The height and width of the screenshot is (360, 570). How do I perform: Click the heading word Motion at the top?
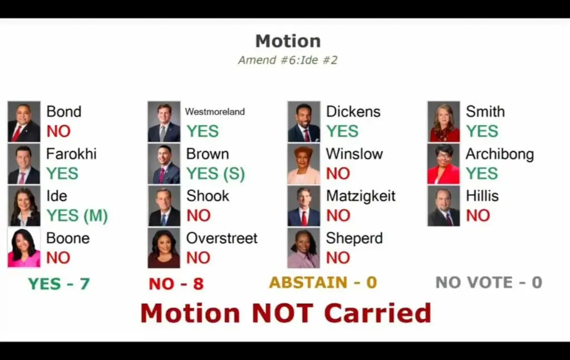[288, 41]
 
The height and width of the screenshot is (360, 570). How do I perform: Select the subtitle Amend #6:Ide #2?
[288, 60]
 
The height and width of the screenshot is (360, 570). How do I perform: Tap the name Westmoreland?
[215, 111]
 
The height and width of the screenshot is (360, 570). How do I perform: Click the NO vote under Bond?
[58, 131]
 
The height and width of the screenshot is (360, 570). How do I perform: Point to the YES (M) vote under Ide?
[77, 216]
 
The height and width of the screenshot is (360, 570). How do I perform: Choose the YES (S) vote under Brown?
[215, 174]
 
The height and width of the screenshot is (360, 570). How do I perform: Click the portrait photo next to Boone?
[24, 248]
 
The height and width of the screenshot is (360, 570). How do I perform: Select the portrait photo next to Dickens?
[304, 121]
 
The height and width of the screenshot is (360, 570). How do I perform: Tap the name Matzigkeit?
[361, 196]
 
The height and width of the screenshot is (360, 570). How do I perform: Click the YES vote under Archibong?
[481, 173]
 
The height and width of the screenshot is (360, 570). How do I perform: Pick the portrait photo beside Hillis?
[444, 206]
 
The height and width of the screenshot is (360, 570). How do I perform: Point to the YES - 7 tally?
[59, 284]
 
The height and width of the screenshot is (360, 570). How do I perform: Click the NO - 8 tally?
[176, 284]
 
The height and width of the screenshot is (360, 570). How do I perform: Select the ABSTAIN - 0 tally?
[323, 282]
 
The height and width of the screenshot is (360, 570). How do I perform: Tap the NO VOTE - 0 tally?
[489, 282]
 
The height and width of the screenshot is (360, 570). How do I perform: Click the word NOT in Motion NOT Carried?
[282, 313]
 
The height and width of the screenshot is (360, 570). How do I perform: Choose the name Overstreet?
[222, 238]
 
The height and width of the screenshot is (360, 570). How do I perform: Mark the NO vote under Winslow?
[338, 174]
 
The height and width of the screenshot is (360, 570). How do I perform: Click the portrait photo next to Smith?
[444, 121]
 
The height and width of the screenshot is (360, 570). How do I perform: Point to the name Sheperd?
[355, 238]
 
